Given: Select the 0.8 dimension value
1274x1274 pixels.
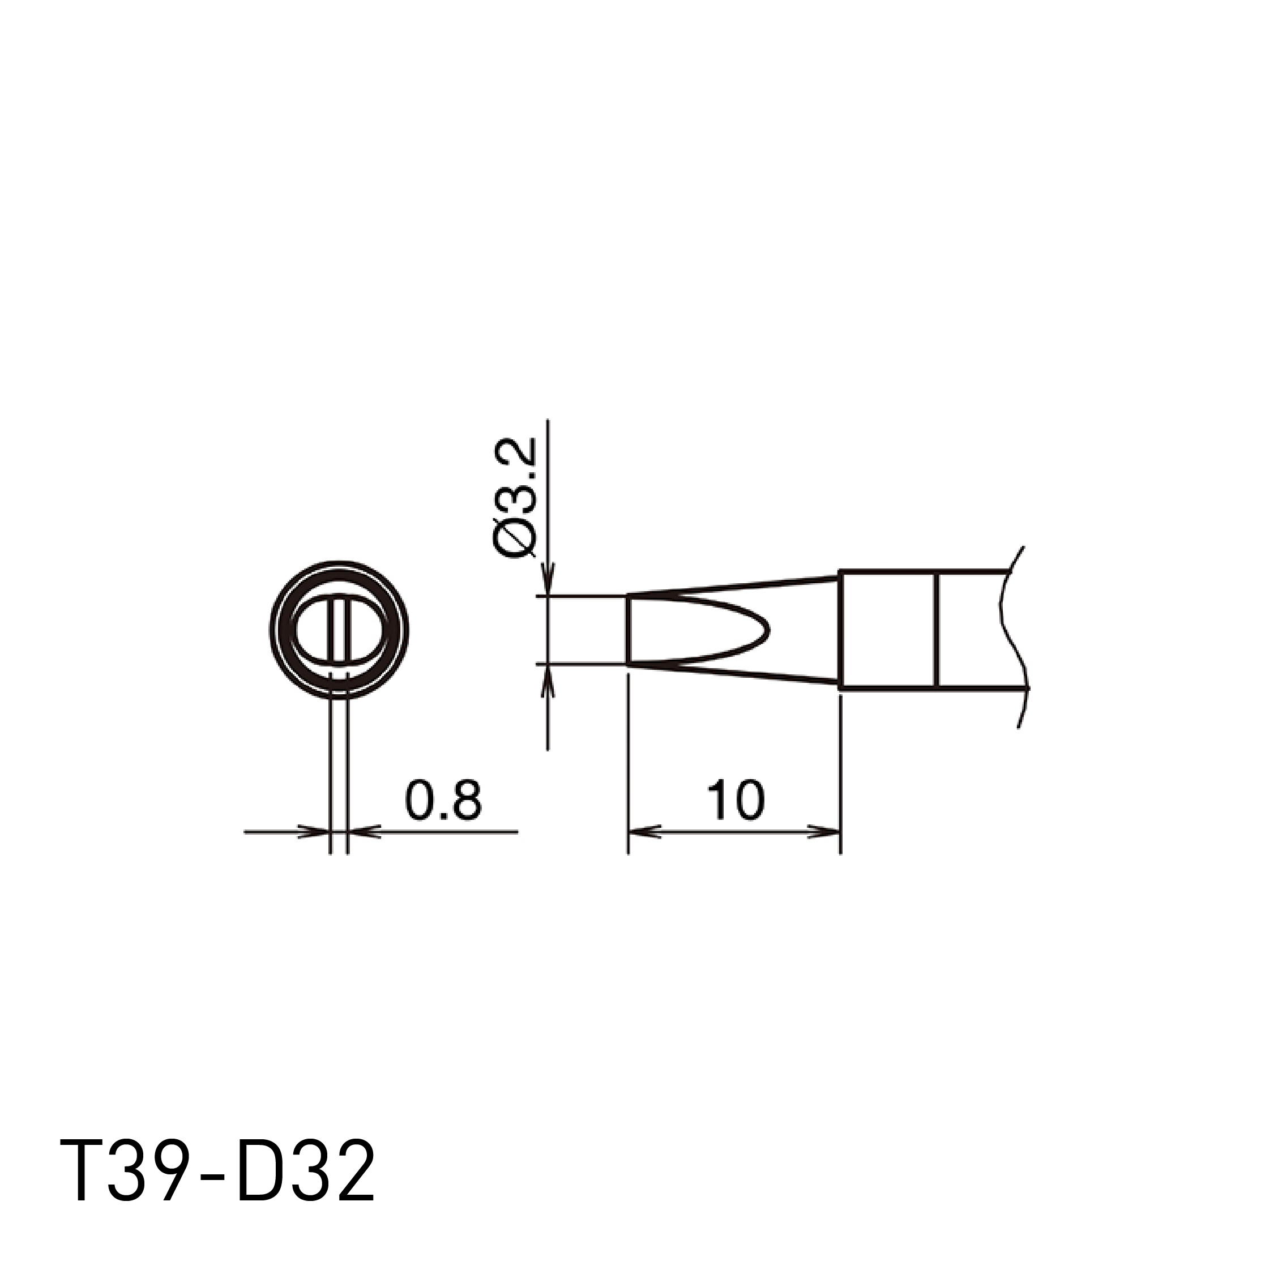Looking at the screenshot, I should [x=443, y=801].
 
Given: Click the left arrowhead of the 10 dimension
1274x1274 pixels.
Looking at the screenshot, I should [x=641, y=832].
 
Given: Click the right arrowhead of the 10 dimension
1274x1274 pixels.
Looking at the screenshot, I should [x=827, y=832].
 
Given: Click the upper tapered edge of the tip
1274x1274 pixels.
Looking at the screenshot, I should [x=732, y=587].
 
